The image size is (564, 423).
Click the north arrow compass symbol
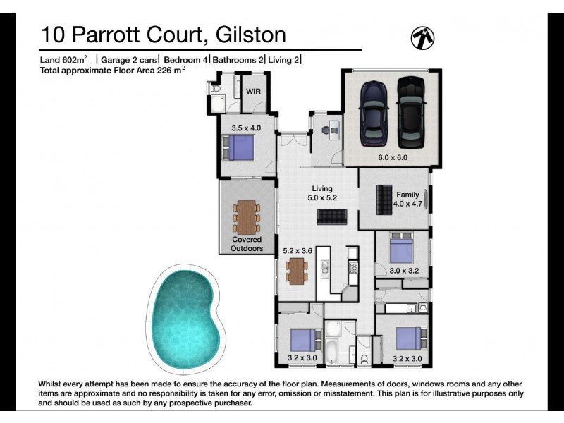(422, 37)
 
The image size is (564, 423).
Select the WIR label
(253, 92)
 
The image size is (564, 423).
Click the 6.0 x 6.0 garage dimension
(393, 157)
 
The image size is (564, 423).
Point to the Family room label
(407, 195)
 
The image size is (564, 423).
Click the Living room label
(322, 188)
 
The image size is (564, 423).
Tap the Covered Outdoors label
(247, 244)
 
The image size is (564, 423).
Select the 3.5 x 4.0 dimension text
(246, 128)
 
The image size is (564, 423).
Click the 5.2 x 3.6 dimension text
(297, 250)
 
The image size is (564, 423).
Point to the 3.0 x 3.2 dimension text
(404, 269)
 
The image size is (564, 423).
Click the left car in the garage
(373, 114)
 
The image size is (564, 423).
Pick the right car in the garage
(410, 114)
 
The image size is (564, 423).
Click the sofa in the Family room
(385, 200)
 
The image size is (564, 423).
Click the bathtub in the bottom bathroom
(333, 347)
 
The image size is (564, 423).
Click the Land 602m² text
(63, 60)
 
